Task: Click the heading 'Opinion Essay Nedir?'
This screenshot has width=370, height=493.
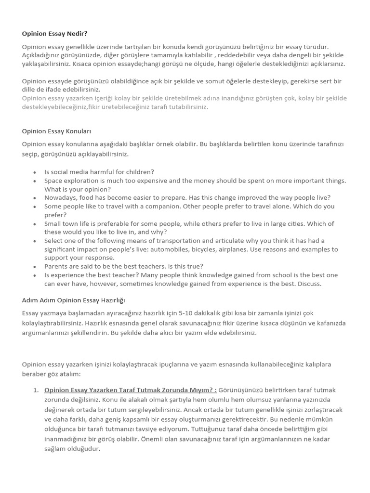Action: [x=55, y=34]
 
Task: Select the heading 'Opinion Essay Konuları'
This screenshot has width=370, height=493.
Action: [x=56, y=131]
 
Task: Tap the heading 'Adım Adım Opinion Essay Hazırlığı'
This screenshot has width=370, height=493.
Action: [x=73, y=300]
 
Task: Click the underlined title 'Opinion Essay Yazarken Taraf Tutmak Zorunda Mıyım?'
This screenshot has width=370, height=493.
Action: [x=130, y=390]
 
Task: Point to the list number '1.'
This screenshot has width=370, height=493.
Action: [x=36, y=390]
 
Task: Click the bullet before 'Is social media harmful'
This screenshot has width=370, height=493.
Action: [x=35, y=172]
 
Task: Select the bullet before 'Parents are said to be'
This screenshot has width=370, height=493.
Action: [x=35, y=266]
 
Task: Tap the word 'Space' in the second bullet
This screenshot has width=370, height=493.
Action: [x=54, y=181]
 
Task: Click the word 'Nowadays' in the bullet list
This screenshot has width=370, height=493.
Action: [x=61, y=197]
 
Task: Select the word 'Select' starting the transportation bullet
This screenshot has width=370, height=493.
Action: [x=53, y=241]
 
